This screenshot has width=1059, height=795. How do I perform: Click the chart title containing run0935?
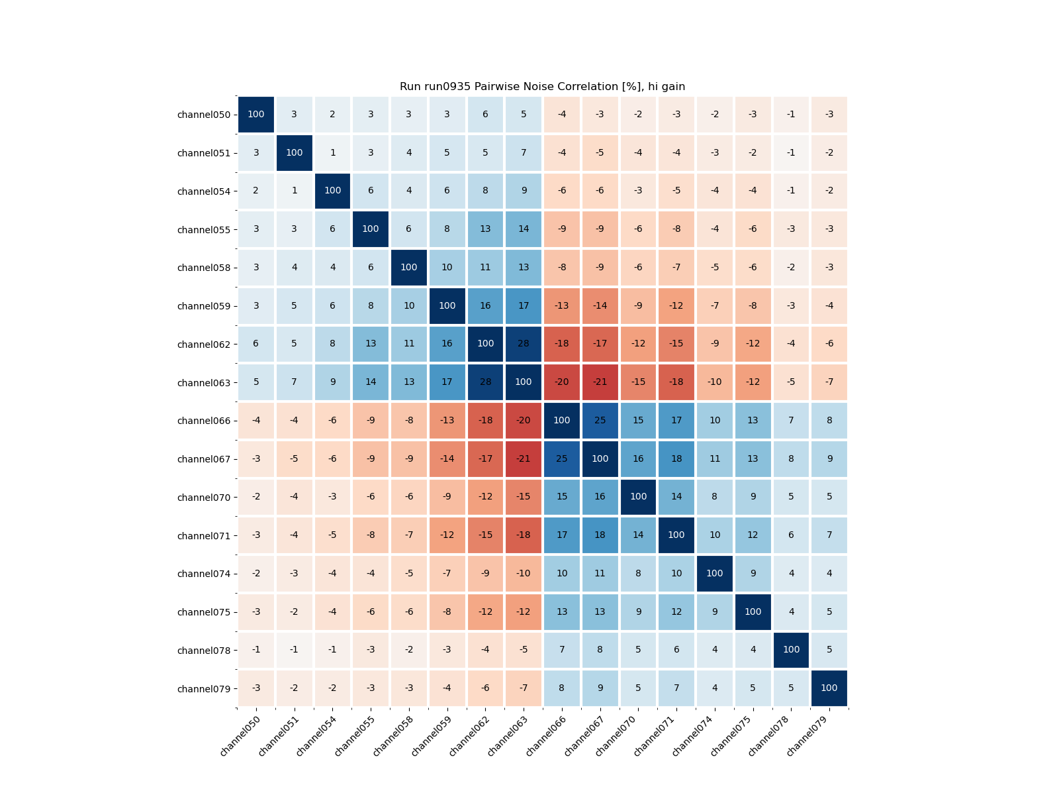(x=542, y=87)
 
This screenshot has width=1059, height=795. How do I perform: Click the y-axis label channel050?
(x=204, y=115)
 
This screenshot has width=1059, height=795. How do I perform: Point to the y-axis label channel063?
(x=204, y=383)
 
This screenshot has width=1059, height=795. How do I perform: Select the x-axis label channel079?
(x=807, y=736)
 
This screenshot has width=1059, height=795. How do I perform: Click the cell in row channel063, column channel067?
(x=600, y=382)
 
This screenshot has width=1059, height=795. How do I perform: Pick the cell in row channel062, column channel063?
(x=524, y=344)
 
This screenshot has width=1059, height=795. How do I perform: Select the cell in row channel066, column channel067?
(x=600, y=421)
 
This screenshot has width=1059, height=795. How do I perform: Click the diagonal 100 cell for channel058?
(x=409, y=268)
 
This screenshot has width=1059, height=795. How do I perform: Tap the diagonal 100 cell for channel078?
(x=791, y=650)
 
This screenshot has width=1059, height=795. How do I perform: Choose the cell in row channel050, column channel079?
(x=829, y=115)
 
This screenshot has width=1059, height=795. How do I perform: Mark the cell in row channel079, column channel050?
(x=256, y=688)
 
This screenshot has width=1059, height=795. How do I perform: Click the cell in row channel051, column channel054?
(x=332, y=153)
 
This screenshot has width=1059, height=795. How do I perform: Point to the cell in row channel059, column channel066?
(x=562, y=306)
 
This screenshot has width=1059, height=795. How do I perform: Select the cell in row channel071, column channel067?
(x=600, y=535)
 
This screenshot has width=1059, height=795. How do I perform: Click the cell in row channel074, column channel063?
(x=524, y=574)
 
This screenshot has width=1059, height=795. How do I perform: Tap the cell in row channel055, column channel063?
(x=524, y=229)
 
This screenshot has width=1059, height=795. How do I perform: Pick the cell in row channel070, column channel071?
(x=676, y=497)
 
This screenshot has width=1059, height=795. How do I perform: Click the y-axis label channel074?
(x=204, y=574)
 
